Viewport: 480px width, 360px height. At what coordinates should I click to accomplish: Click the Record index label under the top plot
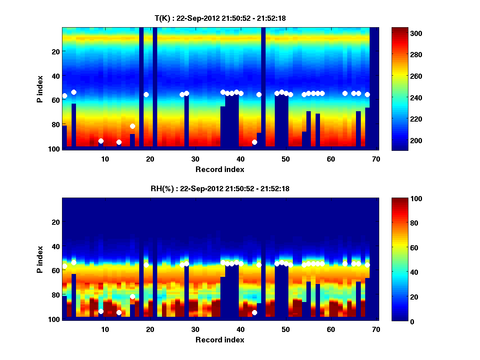tap(220, 169)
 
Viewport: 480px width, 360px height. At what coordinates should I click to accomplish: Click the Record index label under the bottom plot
tap(220, 340)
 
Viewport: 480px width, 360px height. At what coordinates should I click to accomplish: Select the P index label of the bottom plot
tap(40, 259)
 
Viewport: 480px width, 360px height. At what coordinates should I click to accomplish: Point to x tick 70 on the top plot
tap(376, 158)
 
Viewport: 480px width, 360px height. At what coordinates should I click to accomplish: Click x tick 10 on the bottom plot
tap(105, 329)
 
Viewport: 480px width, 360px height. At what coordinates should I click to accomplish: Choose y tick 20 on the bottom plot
tap(56, 222)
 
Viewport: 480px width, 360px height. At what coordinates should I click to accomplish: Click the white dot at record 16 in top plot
tap(132, 126)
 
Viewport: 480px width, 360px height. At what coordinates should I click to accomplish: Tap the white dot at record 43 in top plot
tap(254, 142)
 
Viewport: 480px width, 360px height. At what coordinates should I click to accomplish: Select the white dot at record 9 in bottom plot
tap(101, 311)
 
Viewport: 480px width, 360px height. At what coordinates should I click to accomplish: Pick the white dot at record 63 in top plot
tap(345, 93)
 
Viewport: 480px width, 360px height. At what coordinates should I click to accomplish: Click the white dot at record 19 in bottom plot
tap(146, 265)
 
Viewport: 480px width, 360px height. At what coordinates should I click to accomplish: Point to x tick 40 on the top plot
tap(240, 158)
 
